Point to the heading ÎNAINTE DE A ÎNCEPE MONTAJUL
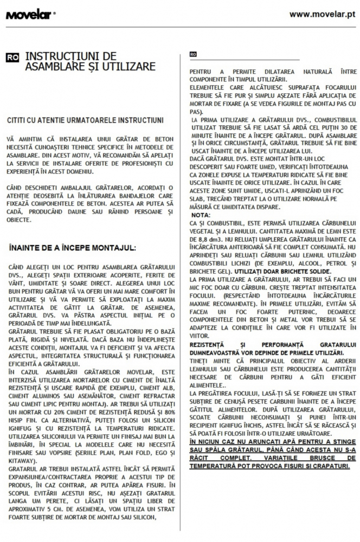73,248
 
